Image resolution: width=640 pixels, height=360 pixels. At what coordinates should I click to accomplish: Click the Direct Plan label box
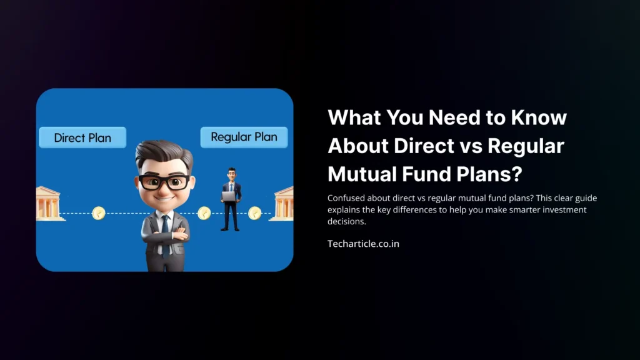(82, 137)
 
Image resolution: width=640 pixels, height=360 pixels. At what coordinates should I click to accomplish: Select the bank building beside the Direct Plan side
(49, 203)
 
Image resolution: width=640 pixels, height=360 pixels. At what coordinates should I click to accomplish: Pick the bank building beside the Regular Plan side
(282, 203)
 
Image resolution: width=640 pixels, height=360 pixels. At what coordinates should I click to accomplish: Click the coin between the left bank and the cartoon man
(98, 214)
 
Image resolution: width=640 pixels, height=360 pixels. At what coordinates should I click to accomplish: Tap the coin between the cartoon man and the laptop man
(203, 214)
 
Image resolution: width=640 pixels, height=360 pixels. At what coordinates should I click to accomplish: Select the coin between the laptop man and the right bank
(254, 214)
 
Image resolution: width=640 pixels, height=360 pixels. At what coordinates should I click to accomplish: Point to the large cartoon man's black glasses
(164, 182)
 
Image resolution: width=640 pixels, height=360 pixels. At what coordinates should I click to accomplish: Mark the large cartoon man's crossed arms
(165, 237)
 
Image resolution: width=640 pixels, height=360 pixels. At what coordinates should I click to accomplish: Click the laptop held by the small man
(229, 196)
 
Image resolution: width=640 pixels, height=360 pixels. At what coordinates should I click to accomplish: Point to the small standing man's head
(231, 172)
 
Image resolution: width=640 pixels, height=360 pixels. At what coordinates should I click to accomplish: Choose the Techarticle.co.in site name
(363, 244)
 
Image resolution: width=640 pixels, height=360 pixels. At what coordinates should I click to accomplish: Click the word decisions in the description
(346, 221)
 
